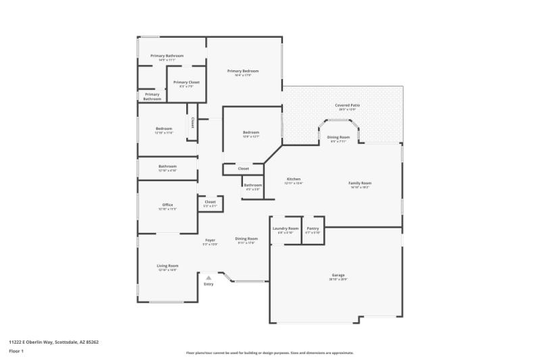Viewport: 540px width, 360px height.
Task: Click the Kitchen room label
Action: point(293,179)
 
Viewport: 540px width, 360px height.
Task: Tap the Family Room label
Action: point(360,183)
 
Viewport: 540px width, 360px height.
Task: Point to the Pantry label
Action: point(313,228)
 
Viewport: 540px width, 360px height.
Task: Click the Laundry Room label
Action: point(285,228)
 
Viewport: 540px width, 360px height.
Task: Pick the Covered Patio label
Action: point(347,105)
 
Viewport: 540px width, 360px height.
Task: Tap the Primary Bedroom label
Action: point(242,71)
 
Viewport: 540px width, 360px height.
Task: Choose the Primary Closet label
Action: point(186,82)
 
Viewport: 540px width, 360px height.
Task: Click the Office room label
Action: point(167,205)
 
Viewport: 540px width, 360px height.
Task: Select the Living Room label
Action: point(167,265)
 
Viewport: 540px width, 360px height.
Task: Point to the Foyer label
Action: point(210,239)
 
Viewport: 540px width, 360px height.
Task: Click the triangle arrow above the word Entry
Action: point(209,277)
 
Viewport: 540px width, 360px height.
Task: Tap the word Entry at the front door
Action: point(209,284)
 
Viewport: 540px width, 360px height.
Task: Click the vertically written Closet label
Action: point(192,122)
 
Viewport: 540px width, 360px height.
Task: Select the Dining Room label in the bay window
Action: point(338,137)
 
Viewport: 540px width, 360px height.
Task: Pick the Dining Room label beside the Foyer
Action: point(246,238)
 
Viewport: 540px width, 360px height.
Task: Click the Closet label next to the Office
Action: point(210,201)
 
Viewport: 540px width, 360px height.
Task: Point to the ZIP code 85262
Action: point(92,342)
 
